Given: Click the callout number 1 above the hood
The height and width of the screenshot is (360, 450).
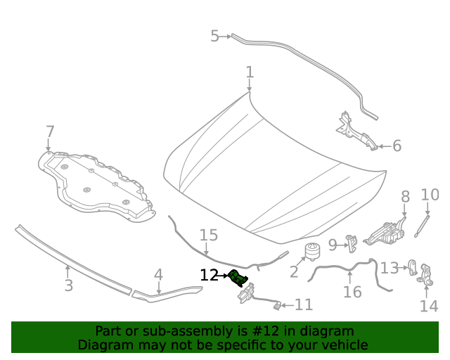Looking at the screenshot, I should coord(250,72).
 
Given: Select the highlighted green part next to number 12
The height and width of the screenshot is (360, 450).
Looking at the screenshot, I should coord(239,277).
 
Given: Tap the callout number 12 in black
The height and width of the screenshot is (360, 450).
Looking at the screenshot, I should coord(209,276).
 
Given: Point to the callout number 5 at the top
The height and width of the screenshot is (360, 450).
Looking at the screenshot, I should coord(214,36).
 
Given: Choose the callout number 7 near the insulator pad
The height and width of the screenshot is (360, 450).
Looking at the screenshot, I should coord(50,131).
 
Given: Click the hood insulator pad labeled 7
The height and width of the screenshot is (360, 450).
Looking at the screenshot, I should coord(95,183).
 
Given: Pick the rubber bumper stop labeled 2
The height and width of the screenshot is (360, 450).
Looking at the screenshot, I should coord(310,251).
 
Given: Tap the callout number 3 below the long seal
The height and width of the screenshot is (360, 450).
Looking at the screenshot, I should coord(68,285).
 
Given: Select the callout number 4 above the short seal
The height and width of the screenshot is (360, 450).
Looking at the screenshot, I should coord(159,275).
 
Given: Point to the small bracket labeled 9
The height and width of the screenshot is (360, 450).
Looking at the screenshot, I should coord(352,243).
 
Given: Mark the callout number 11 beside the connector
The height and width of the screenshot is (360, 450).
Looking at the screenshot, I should coord(303,304).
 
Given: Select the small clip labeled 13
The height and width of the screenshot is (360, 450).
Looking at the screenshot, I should coord(413,268).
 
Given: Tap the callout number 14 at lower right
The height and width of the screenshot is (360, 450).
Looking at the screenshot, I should coord(428,306).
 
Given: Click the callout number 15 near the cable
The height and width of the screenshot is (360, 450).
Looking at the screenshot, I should coord(209,235).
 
